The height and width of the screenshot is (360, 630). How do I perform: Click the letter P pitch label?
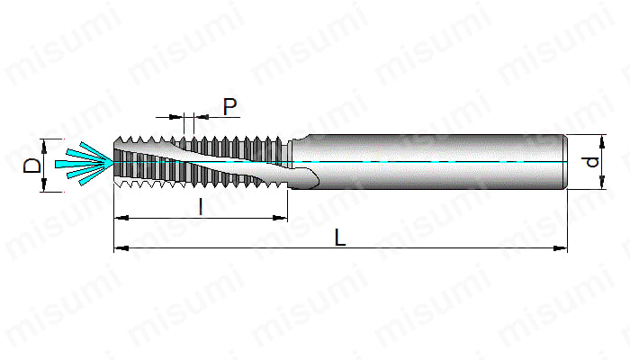[229, 106]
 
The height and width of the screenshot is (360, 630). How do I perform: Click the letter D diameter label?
[32, 166]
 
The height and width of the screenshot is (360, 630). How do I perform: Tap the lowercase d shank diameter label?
[591, 162]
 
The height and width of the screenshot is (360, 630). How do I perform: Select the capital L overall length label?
[340, 238]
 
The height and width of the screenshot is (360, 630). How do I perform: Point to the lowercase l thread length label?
[201, 207]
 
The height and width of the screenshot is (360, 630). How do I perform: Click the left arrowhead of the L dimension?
[121, 248]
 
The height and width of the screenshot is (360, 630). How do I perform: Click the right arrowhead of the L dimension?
[560, 248]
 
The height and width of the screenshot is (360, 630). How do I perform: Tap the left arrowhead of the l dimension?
[121, 218]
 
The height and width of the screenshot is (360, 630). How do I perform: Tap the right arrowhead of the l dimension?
[280, 218]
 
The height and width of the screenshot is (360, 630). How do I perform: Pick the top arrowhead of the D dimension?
[44, 146]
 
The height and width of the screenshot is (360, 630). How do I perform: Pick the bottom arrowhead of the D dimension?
[44, 184]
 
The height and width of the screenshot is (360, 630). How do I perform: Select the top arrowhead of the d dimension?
[602, 142]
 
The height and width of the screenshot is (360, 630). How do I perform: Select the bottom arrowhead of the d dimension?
[602, 182]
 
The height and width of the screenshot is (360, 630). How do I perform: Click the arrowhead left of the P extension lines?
[176, 117]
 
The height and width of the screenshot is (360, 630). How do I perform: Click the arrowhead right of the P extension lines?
[202, 117]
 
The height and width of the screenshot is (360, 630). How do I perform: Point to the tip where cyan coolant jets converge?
[113, 162]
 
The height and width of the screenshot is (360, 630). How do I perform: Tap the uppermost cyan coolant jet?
[95, 151]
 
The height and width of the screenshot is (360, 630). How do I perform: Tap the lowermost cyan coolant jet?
[96, 174]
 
